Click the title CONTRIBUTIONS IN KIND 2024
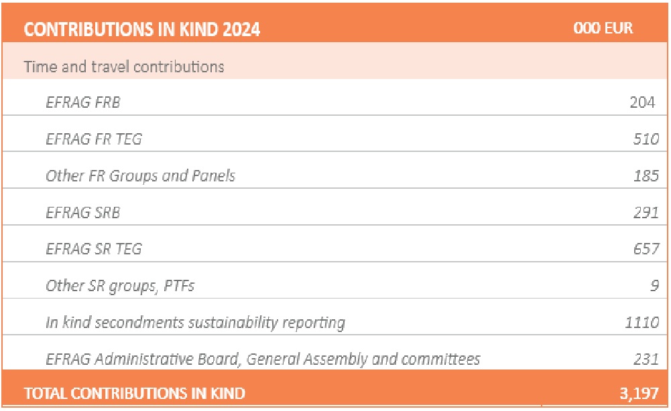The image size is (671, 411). (x=142, y=29)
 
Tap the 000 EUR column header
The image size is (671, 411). (x=603, y=29)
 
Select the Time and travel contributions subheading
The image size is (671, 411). (x=124, y=67)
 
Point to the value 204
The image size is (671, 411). (x=642, y=102)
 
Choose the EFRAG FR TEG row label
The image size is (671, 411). (x=94, y=139)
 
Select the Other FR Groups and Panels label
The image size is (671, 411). (x=141, y=176)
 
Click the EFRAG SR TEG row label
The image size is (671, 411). (x=94, y=249)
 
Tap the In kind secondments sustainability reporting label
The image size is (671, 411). (x=195, y=323)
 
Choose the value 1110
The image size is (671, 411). (x=642, y=323)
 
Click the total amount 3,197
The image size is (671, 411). (x=639, y=394)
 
